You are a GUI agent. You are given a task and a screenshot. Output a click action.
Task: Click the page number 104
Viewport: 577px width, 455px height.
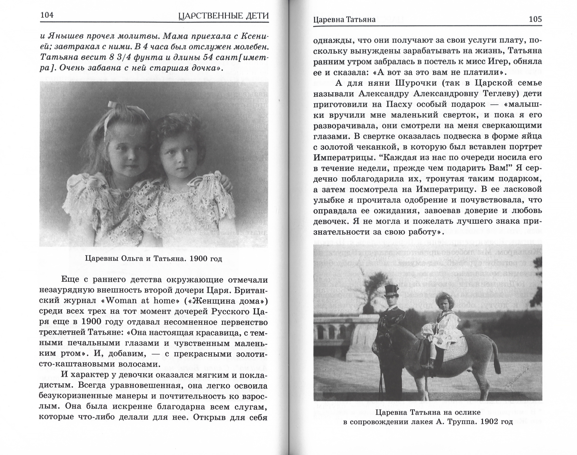47,15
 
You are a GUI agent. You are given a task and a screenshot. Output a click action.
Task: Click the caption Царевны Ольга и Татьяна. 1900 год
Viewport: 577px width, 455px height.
153,259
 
